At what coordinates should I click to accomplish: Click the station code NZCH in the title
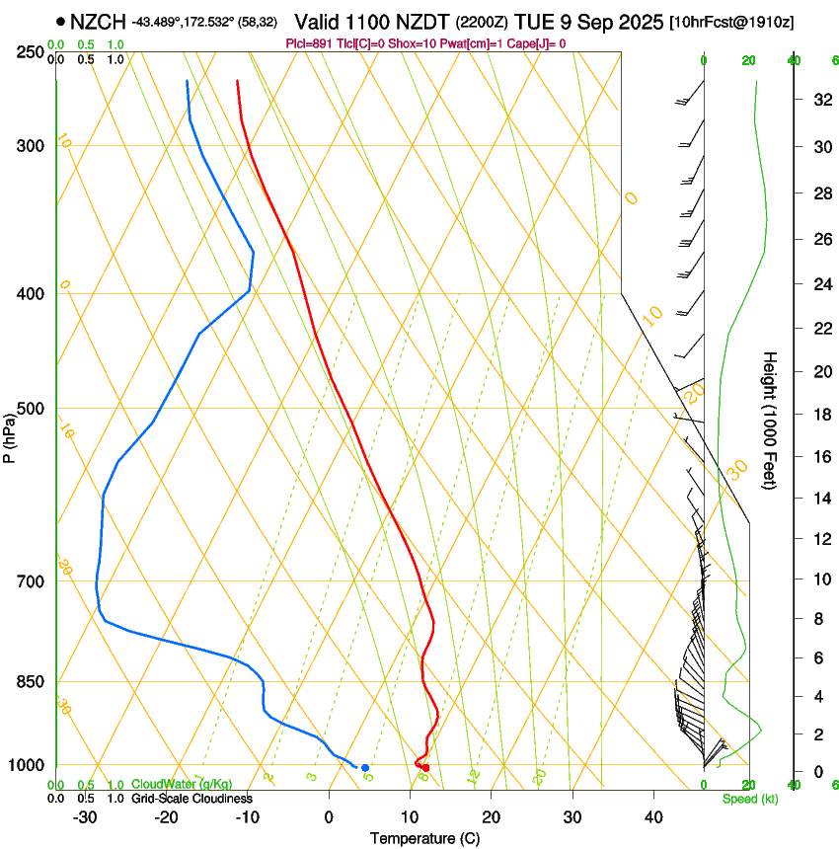click(x=98, y=21)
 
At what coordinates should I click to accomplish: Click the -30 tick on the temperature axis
click(x=85, y=817)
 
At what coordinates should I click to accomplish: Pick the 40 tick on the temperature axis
click(x=652, y=817)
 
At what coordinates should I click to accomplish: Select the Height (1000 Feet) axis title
click(x=771, y=421)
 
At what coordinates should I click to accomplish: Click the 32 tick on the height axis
click(x=820, y=100)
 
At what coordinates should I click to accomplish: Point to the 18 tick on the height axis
click(x=820, y=415)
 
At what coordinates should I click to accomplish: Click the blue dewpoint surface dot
click(x=365, y=767)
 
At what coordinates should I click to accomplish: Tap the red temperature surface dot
click(x=425, y=767)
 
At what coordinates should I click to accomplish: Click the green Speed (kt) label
click(x=749, y=799)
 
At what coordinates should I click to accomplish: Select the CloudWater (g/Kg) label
click(x=182, y=785)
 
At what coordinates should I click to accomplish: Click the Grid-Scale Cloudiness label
click(x=191, y=799)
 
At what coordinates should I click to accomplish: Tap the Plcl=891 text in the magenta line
click(x=307, y=43)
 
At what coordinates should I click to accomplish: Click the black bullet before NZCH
click(x=61, y=21)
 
